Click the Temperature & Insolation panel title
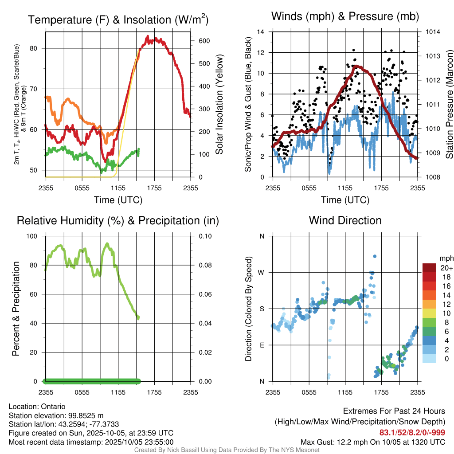click(x=118, y=20)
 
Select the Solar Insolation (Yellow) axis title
click(x=219, y=105)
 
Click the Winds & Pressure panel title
click(x=345, y=17)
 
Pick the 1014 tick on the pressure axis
click(x=432, y=32)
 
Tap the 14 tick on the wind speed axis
click(x=261, y=32)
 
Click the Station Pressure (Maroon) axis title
click(x=449, y=105)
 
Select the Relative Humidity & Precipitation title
click(x=118, y=220)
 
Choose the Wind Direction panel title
click(x=345, y=220)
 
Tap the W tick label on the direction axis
click(x=262, y=273)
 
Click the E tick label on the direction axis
click(x=262, y=345)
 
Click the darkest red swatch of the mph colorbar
click(x=430, y=268)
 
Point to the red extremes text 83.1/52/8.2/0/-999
click(x=412, y=433)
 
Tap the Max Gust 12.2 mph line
click(x=372, y=442)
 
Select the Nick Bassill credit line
click(x=227, y=450)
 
